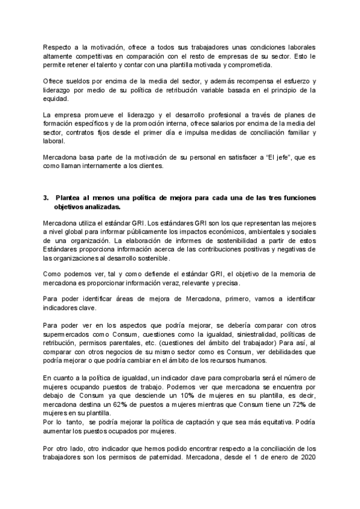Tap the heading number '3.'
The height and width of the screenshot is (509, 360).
pyautogui.click(x=46, y=198)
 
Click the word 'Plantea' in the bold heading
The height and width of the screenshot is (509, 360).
pyautogui.click(x=68, y=198)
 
